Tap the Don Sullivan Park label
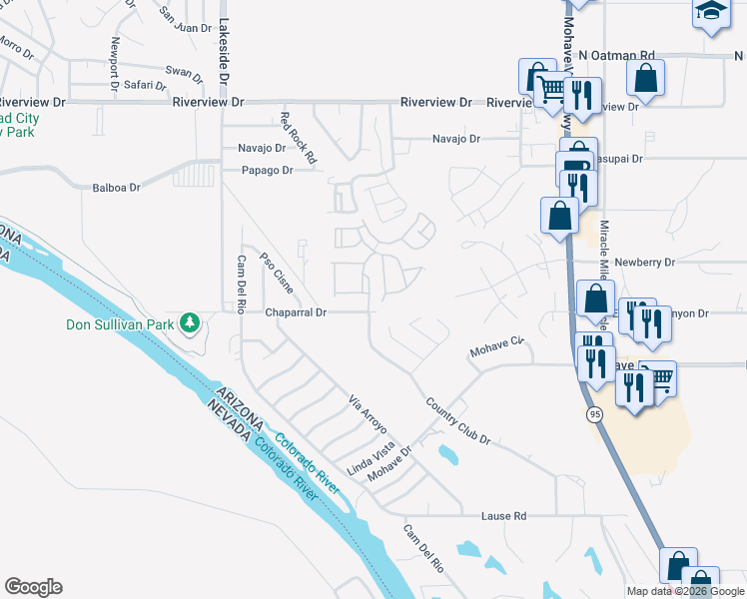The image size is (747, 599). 120,324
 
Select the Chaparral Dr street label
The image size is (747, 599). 296,312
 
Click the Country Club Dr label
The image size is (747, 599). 458,420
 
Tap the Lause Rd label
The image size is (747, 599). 503,516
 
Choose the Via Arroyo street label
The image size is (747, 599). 368,415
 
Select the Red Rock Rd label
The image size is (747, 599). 298,137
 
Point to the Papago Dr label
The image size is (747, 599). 267,171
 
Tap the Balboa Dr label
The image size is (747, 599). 116,187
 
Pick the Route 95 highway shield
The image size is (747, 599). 593,414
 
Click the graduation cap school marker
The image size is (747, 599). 710,13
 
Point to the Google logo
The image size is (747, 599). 33,587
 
